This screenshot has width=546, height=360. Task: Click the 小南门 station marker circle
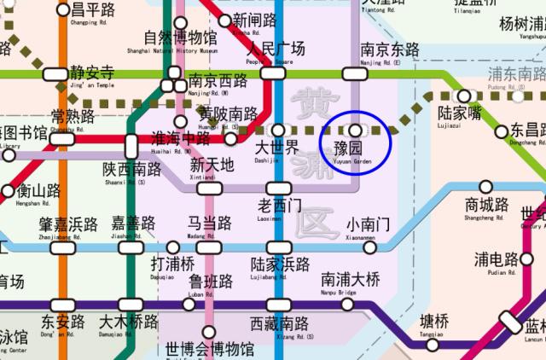[x=369, y=247]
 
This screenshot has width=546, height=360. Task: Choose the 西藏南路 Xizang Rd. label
[x=280, y=327]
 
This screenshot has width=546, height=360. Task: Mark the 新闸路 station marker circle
[x=225, y=20]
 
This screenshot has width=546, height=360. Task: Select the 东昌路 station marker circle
[x=498, y=131]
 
